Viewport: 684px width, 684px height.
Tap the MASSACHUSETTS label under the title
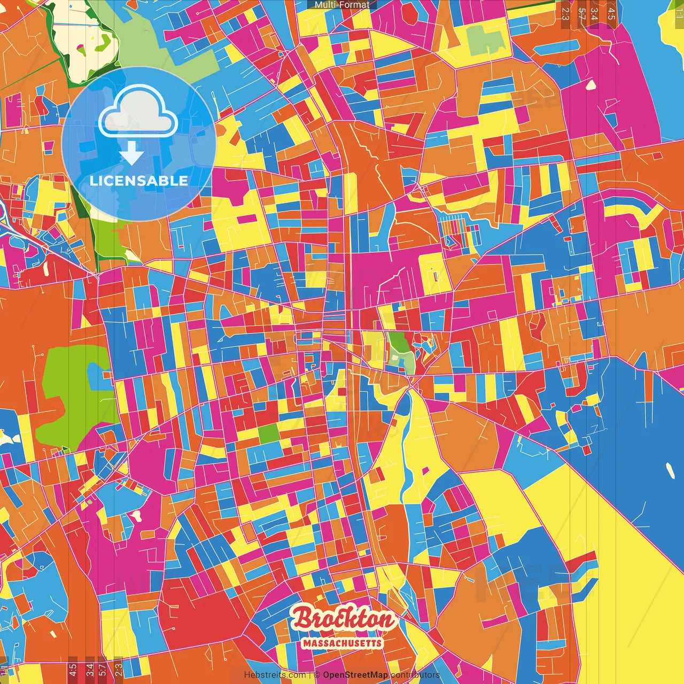point(342,643)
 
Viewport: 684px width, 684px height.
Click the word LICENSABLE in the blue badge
point(139,181)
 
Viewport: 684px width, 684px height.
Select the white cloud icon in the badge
point(138,112)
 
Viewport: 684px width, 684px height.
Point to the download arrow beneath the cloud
point(131,154)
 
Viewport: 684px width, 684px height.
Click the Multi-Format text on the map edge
point(341,5)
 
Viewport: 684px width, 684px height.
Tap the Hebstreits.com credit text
point(275,675)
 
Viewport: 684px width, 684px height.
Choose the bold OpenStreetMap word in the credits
point(355,675)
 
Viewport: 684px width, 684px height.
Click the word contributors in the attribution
point(415,675)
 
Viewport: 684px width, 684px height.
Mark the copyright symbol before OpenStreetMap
point(317,675)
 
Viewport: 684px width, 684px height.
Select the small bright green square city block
point(269,433)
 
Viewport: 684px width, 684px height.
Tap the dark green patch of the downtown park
point(398,341)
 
